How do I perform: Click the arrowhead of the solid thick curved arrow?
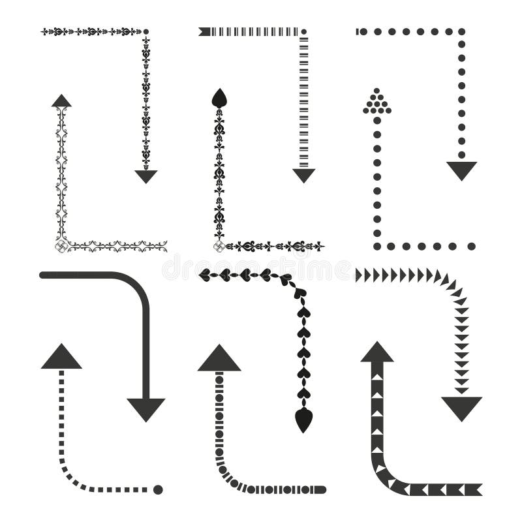point(146,408)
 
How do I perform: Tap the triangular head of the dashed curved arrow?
point(61,358)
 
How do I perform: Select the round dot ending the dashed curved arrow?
point(158,489)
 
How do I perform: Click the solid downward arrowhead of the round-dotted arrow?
point(461,170)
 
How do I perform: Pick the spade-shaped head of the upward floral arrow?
point(219,98)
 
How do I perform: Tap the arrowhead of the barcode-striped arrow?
point(303,175)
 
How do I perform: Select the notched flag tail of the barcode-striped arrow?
point(204,31)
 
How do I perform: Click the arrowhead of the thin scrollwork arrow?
point(61,100)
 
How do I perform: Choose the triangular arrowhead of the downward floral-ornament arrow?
point(146,176)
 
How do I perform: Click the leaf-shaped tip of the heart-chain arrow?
point(302,420)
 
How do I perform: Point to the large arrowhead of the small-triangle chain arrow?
point(461,407)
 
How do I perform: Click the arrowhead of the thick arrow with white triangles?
point(377,352)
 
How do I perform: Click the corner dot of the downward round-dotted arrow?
point(461,31)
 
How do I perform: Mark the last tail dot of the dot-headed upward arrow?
point(471,247)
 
